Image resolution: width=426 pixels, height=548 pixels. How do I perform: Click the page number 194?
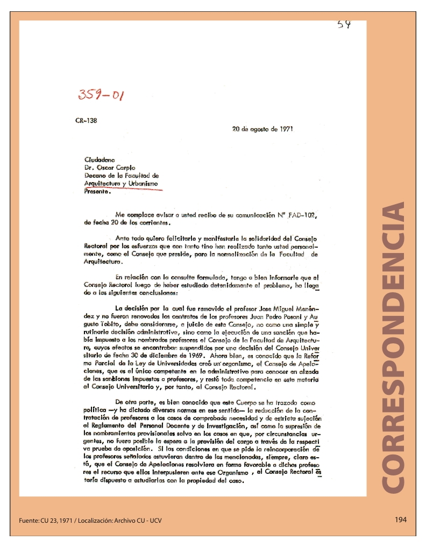pyautogui.click(x=400, y=520)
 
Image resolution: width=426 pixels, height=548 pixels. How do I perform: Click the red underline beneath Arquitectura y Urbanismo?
pyautogui.click(x=123, y=189)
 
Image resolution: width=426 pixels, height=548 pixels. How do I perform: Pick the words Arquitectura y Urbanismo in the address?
pyautogui.click(x=122, y=183)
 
